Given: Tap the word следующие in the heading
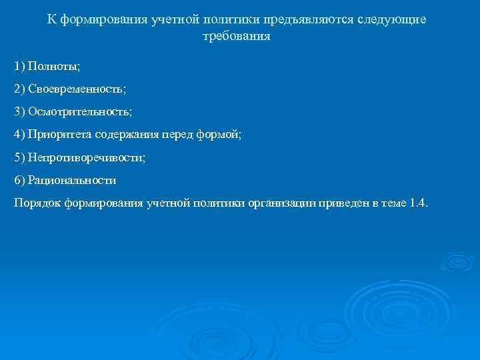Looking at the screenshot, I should pyautogui.click(x=393, y=20).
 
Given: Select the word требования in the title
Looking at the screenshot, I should pyautogui.click(x=237, y=37).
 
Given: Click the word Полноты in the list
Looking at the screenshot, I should pyautogui.click(x=53, y=67).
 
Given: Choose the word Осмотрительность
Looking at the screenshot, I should pyautogui.click(x=80, y=112).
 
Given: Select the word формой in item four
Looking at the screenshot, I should pyautogui.click(x=219, y=135).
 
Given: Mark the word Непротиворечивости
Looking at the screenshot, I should pyautogui.click(x=87, y=157).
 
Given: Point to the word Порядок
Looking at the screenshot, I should pyautogui.click(x=37, y=203).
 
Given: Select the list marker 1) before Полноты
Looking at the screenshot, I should pyautogui.click(x=19, y=67).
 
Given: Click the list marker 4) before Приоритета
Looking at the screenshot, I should pyautogui.click(x=19, y=135).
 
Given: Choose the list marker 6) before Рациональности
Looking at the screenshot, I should pyautogui.click(x=19, y=180).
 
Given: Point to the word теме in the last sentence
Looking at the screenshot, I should pyautogui.click(x=392, y=203).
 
